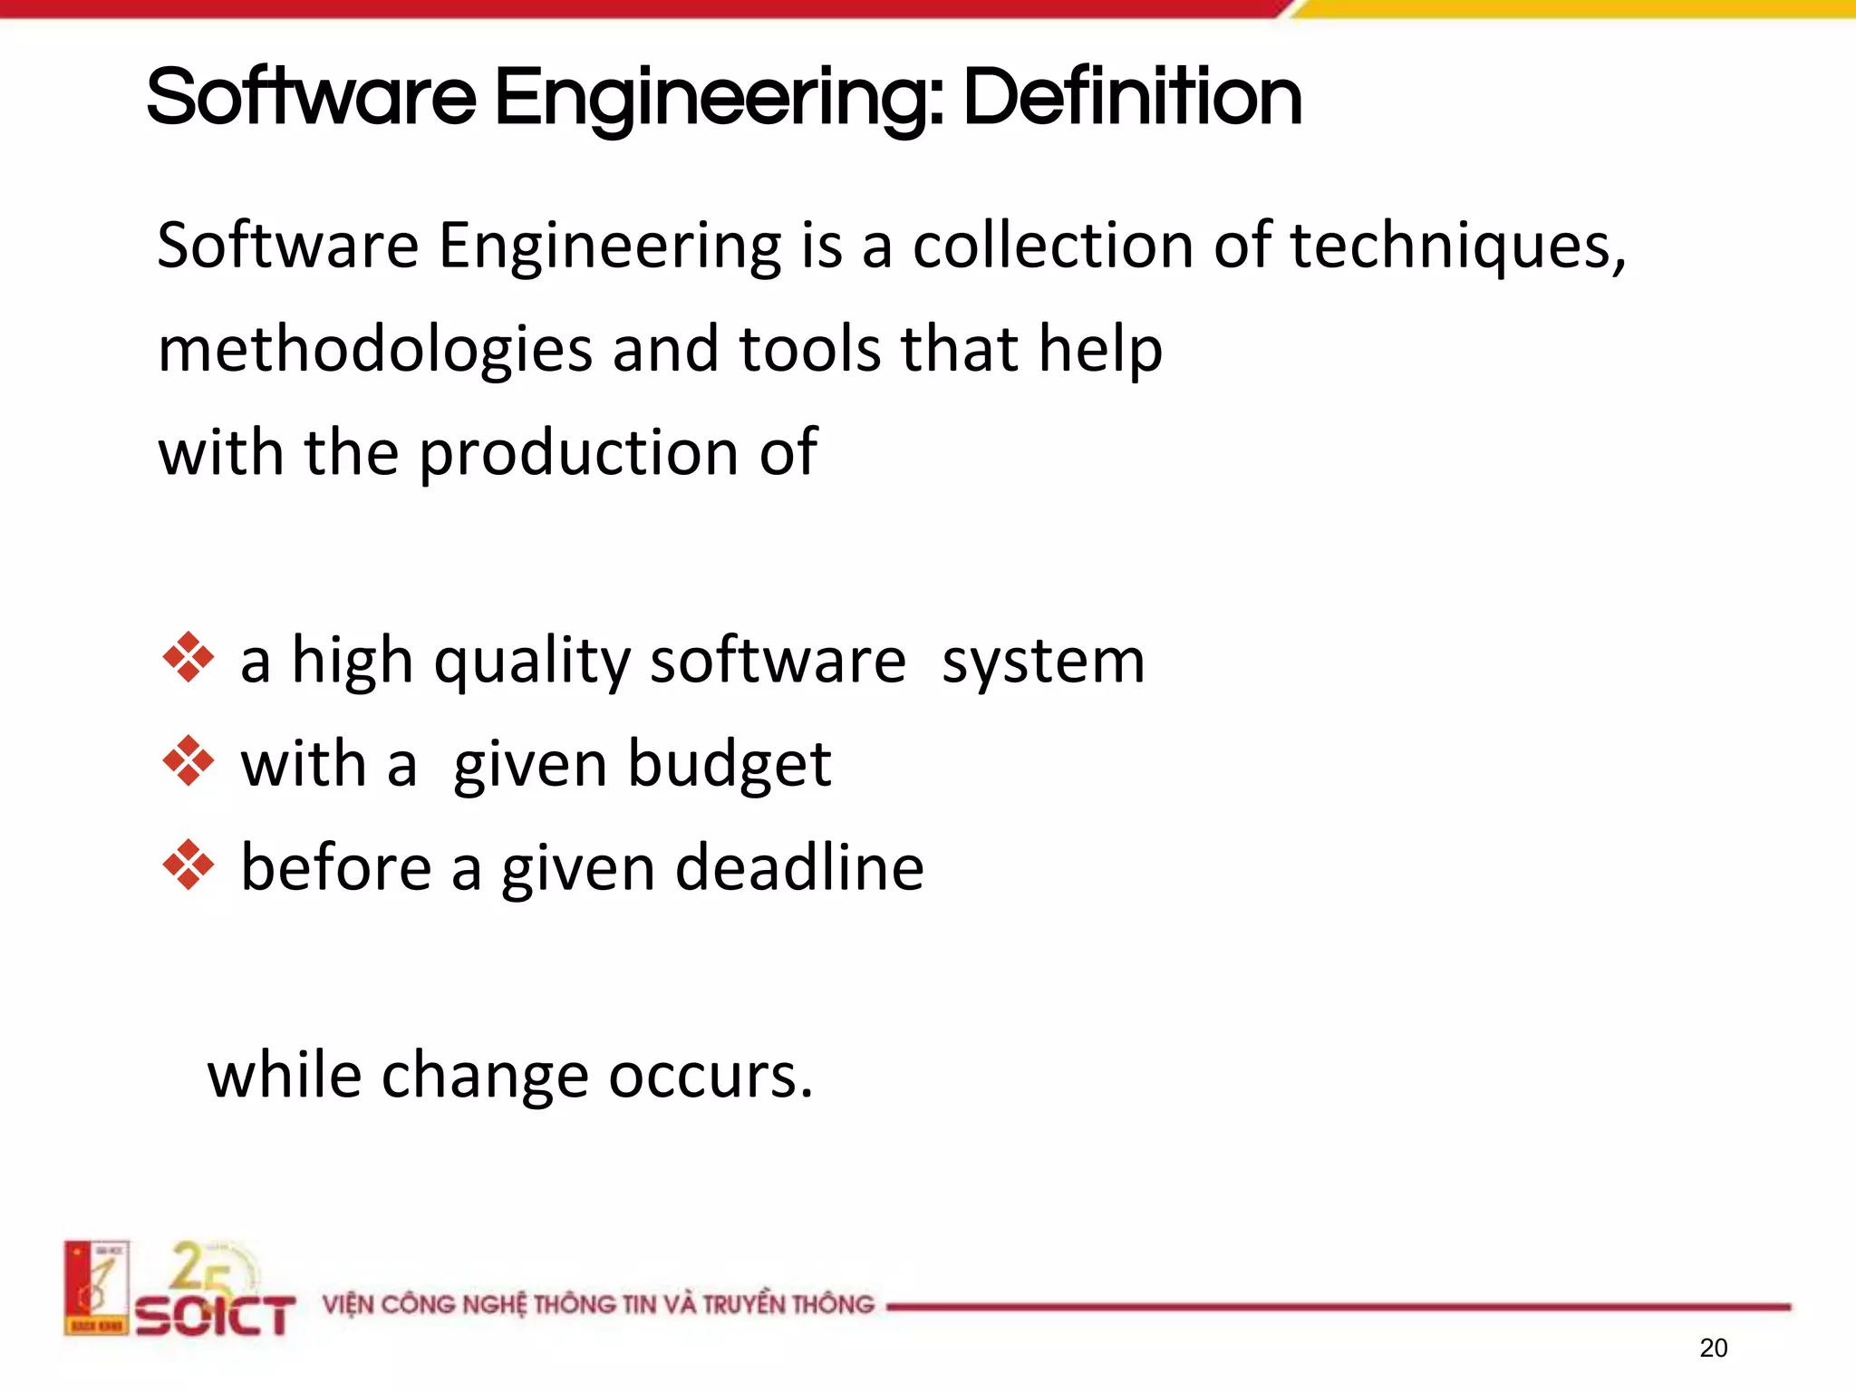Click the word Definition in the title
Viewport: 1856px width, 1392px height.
click(1132, 98)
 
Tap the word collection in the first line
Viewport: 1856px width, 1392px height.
click(1052, 246)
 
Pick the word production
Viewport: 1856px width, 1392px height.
click(579, 453)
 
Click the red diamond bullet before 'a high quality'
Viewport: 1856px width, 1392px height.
click(188, 657)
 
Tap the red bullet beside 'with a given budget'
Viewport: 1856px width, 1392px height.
click(188, 761)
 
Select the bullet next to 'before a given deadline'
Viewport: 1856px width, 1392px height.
click(188, 865)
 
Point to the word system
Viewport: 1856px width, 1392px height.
click(1043, 662)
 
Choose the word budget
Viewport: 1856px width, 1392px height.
click(729, 765)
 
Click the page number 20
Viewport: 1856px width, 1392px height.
click(1713, 1348)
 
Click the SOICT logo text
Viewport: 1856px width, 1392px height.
click(216, 1316)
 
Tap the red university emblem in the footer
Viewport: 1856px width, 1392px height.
click(96, 1288)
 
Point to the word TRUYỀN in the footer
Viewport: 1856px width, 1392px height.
click(743, 1305)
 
